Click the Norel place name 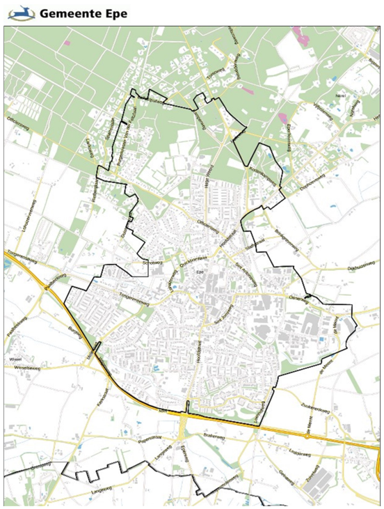[341, 93]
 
